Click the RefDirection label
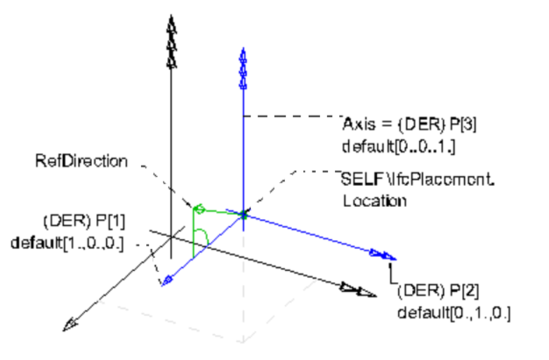pos(81,161)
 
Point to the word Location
pos(375,201)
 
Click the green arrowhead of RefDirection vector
pos(198,208)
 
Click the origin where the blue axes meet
pos(243,213)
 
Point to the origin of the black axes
pos(171,236)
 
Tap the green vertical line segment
pos(193,232)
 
